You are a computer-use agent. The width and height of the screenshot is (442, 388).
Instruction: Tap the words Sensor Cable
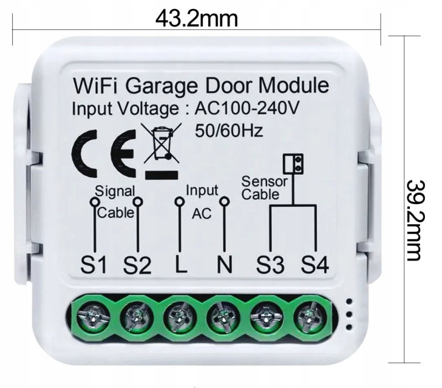pos(265,188)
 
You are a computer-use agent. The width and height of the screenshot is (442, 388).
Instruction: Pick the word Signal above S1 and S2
pos(114,191)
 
